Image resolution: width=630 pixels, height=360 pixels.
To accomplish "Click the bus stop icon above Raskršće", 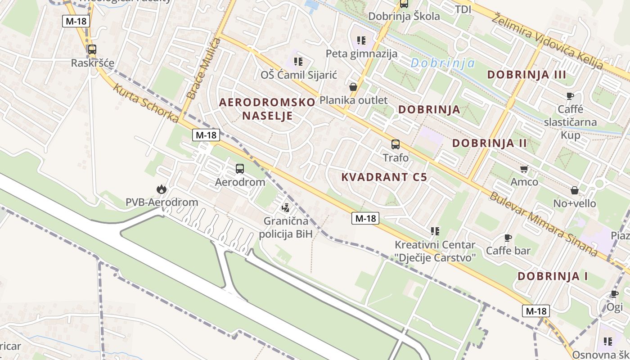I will pos(92,49).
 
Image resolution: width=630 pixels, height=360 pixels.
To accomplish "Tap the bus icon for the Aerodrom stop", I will pos(240,169).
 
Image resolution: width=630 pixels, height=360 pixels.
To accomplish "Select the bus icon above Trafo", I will pos(396,144).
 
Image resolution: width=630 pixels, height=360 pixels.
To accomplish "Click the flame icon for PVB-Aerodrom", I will pos(161,189).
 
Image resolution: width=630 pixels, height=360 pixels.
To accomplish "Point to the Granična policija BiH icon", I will pos(285,208).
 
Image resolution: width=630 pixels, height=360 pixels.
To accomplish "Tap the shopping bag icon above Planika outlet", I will pos(353,87).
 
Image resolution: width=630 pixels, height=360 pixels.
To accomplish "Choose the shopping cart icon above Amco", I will pos(524,169).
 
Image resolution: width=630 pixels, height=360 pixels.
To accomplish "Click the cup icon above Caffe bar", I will pos(508,238).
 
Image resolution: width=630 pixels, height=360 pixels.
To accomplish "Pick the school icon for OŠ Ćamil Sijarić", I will pos(298,61).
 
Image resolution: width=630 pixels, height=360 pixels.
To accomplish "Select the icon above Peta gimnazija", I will pos(361,41).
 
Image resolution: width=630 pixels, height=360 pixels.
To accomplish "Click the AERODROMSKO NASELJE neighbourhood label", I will pos(267,109).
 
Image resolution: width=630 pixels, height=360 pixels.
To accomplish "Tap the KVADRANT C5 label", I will pos(384,177).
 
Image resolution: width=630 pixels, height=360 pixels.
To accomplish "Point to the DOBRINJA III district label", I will pos(526,74).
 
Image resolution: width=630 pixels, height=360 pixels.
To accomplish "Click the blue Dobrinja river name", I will pos(443,63).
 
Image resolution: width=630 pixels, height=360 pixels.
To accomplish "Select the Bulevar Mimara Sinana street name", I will pos(543,224).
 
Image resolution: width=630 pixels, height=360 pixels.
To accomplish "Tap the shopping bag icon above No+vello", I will pos(574,190).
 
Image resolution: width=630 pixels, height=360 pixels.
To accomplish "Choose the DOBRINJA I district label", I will pos(553,276).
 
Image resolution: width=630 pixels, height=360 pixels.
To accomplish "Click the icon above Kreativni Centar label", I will pos(435,231).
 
